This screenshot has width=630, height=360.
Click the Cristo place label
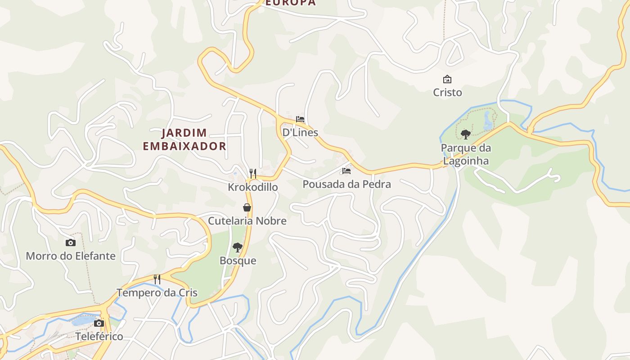(447, 92)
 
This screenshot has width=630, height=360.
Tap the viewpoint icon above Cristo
(447, 80)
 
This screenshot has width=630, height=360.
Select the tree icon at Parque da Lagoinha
(466, 134)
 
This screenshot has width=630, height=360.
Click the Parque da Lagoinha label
(466, 154)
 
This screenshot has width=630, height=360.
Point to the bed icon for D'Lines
(300, 119)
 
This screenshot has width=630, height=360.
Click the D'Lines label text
(300, 132)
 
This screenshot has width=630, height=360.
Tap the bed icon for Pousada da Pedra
(346, 171)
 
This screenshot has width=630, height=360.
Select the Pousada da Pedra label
(346, 184)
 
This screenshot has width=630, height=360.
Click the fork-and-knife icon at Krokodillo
(253, 173)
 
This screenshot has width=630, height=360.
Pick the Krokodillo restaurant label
(253, 187)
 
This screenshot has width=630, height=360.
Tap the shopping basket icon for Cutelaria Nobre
(247, 207)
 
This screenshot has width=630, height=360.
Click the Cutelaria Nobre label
(247, 221)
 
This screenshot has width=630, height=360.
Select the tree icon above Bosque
(238, 247)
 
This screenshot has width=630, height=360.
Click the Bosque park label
(238, 261)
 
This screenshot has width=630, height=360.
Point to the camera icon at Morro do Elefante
(71, 243)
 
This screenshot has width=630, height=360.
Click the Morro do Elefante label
(71, 256)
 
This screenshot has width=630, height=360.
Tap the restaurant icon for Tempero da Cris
(157, 279)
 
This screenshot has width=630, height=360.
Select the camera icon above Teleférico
(99, 323)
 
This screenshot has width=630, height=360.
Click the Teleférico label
(99, 336)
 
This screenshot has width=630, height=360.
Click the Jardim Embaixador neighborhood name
(184, 139)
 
